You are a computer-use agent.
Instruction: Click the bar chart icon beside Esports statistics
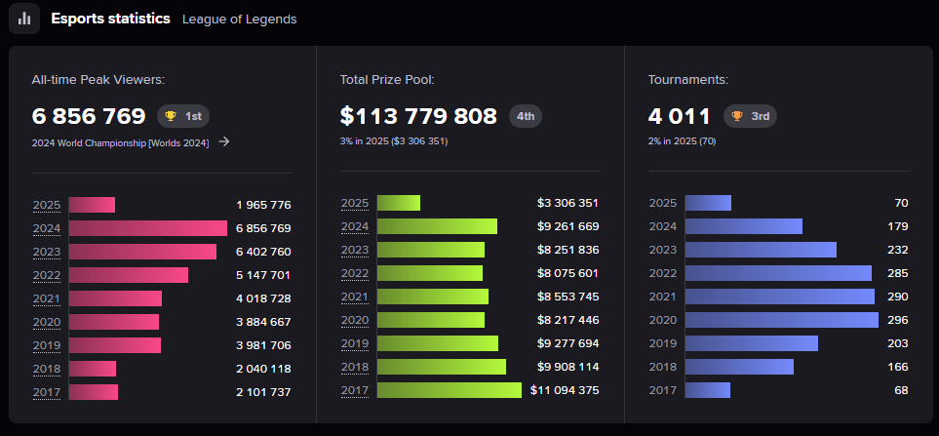24,19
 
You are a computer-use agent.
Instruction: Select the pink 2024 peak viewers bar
148,228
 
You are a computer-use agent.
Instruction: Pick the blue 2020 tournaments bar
781,320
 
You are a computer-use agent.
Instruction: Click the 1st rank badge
183,117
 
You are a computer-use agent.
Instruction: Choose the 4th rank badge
526,116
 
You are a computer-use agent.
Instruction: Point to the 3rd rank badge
750,116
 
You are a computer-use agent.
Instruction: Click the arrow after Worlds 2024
224,142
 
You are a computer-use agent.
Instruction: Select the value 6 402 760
263,252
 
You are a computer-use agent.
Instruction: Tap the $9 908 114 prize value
567,367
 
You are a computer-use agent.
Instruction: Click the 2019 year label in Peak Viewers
47,344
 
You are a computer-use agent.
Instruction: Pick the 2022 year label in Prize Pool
355,273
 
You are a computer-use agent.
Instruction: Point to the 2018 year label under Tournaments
663,367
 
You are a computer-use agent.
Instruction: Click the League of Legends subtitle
240,20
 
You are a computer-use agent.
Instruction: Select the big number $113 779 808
418,117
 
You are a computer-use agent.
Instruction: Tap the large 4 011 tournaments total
680,117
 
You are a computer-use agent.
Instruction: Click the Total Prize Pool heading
387,80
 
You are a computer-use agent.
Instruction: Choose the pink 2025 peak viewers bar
92,205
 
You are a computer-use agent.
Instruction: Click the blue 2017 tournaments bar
707,390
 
